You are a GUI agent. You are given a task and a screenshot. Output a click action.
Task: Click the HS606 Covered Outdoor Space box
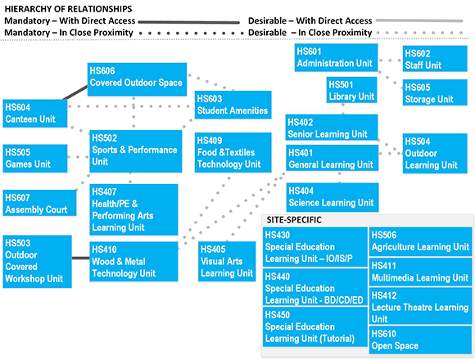tap(137, 79)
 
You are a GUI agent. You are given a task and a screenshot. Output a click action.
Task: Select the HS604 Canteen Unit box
tap(35, 113)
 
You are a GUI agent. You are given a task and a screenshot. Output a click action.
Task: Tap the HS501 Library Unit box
tap(351, 90)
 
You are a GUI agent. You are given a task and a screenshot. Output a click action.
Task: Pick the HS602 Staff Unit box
tap(435, 59)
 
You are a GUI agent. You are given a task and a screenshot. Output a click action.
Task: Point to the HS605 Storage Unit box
tap(435, 92)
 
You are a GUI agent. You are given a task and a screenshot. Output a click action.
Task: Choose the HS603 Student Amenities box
tap(233, 105)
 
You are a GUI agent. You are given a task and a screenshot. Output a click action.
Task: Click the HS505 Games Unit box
tap(35, 159)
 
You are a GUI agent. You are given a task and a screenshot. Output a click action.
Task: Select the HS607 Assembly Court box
tap(39, 203)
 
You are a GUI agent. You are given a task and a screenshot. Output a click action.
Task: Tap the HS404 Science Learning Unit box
tap(332, 197)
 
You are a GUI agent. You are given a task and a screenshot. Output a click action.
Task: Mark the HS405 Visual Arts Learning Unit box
tap(227, 261)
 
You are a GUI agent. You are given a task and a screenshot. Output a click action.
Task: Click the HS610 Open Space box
tap(420, 340)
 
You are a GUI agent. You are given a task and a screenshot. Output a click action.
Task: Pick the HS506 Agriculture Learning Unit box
tap(420, 241)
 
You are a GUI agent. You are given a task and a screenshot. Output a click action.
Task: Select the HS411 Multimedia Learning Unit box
tap(420, 272)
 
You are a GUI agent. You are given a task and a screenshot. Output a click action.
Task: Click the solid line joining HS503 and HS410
tap(80, 258)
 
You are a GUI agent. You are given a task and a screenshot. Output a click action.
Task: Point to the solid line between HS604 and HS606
tap(75, 93)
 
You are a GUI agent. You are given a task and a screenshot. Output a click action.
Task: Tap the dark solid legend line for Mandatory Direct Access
tap(188, 22)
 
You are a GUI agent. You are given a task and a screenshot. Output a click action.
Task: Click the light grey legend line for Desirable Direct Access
tap(419, 21)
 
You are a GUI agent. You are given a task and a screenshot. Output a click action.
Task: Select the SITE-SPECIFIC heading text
tap(294, 220)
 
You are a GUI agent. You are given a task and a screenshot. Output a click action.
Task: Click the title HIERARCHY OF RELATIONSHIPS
tap(68, 9)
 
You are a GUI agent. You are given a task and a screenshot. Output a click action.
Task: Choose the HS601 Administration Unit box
tap(337, 57)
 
